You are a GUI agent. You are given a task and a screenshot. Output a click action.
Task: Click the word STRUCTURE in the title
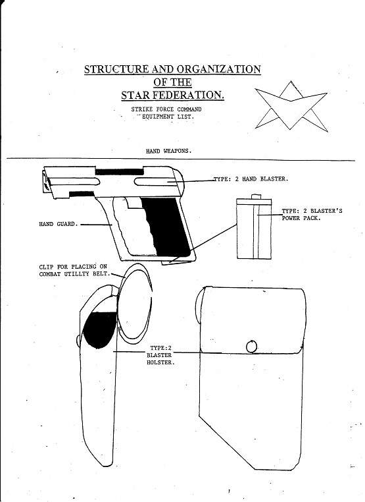pos(116,69)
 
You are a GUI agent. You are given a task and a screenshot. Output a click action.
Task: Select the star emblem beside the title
pos(291,105)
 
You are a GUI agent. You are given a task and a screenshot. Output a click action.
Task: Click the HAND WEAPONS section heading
pos(168,151)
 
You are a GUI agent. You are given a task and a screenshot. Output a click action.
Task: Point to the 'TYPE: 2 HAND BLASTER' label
pos(251,179)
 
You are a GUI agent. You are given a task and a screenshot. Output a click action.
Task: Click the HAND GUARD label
pos(58,224)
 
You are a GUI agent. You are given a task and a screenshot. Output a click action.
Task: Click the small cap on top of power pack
pos(256,196)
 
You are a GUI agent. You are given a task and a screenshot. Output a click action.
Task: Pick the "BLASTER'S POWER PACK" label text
pos(312,215)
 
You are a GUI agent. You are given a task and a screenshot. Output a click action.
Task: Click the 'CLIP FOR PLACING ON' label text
pos(73,267)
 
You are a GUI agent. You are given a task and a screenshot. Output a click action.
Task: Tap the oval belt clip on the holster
pos(135,304)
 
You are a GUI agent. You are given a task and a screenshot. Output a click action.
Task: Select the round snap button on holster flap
pos(251,347)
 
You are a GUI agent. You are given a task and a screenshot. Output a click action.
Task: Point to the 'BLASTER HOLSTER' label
pos(160,359)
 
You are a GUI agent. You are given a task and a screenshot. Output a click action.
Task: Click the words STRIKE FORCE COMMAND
pos(166,109)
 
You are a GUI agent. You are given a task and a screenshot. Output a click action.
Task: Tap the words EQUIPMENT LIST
pos(168,117)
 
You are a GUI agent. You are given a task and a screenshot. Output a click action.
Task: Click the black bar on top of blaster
pos(119,172)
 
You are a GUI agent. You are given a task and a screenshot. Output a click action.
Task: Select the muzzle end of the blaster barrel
pos(46,182)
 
